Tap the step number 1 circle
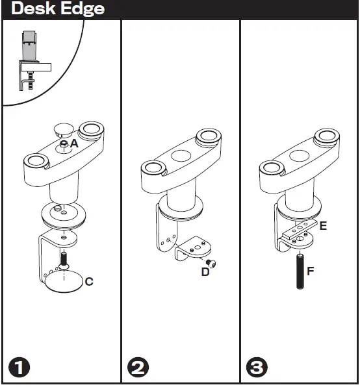pyautogui.click(x=19, y=368)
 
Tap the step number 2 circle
pyautogui.click(x=138, y=368)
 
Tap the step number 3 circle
pyautogui.click(x=256, y=368)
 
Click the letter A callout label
pyautogui.click(x=75, y=144)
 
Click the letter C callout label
pyautogui.click(x=89, y=282)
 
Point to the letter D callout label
pyautogui.click(x=205, y=271)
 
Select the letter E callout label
pyautogui.click(x=323, y=226)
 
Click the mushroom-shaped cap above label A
pyautogui.click(x=64, y=126)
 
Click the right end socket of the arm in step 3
pyautogui.click(x=326, y=138)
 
